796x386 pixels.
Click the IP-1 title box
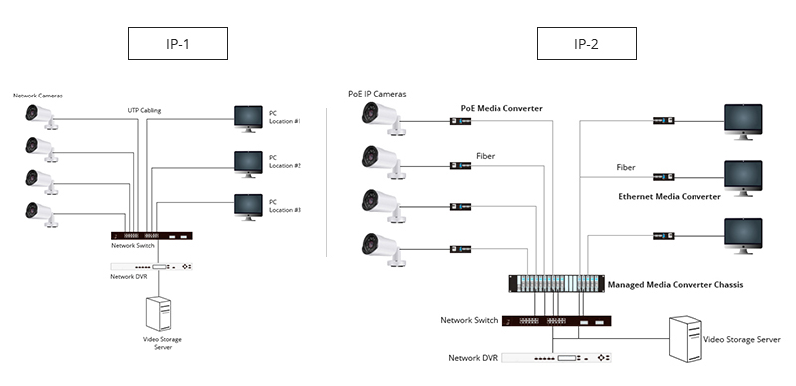(x=178, y=43)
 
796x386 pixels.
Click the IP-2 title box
(x=586, y=43)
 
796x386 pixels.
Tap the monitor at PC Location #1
(x=248, y=119)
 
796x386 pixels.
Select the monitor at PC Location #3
(x=248, y=206)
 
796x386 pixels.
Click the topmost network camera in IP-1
(x=41, y=114)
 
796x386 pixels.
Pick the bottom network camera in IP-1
(x=41, y=213)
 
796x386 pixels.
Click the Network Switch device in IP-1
(x=152, y=236)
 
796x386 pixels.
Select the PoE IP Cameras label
(x=377, y=94)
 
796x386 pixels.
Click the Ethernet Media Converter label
(x=669, y=197)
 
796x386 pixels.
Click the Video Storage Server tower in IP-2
(x=687, y=339)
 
